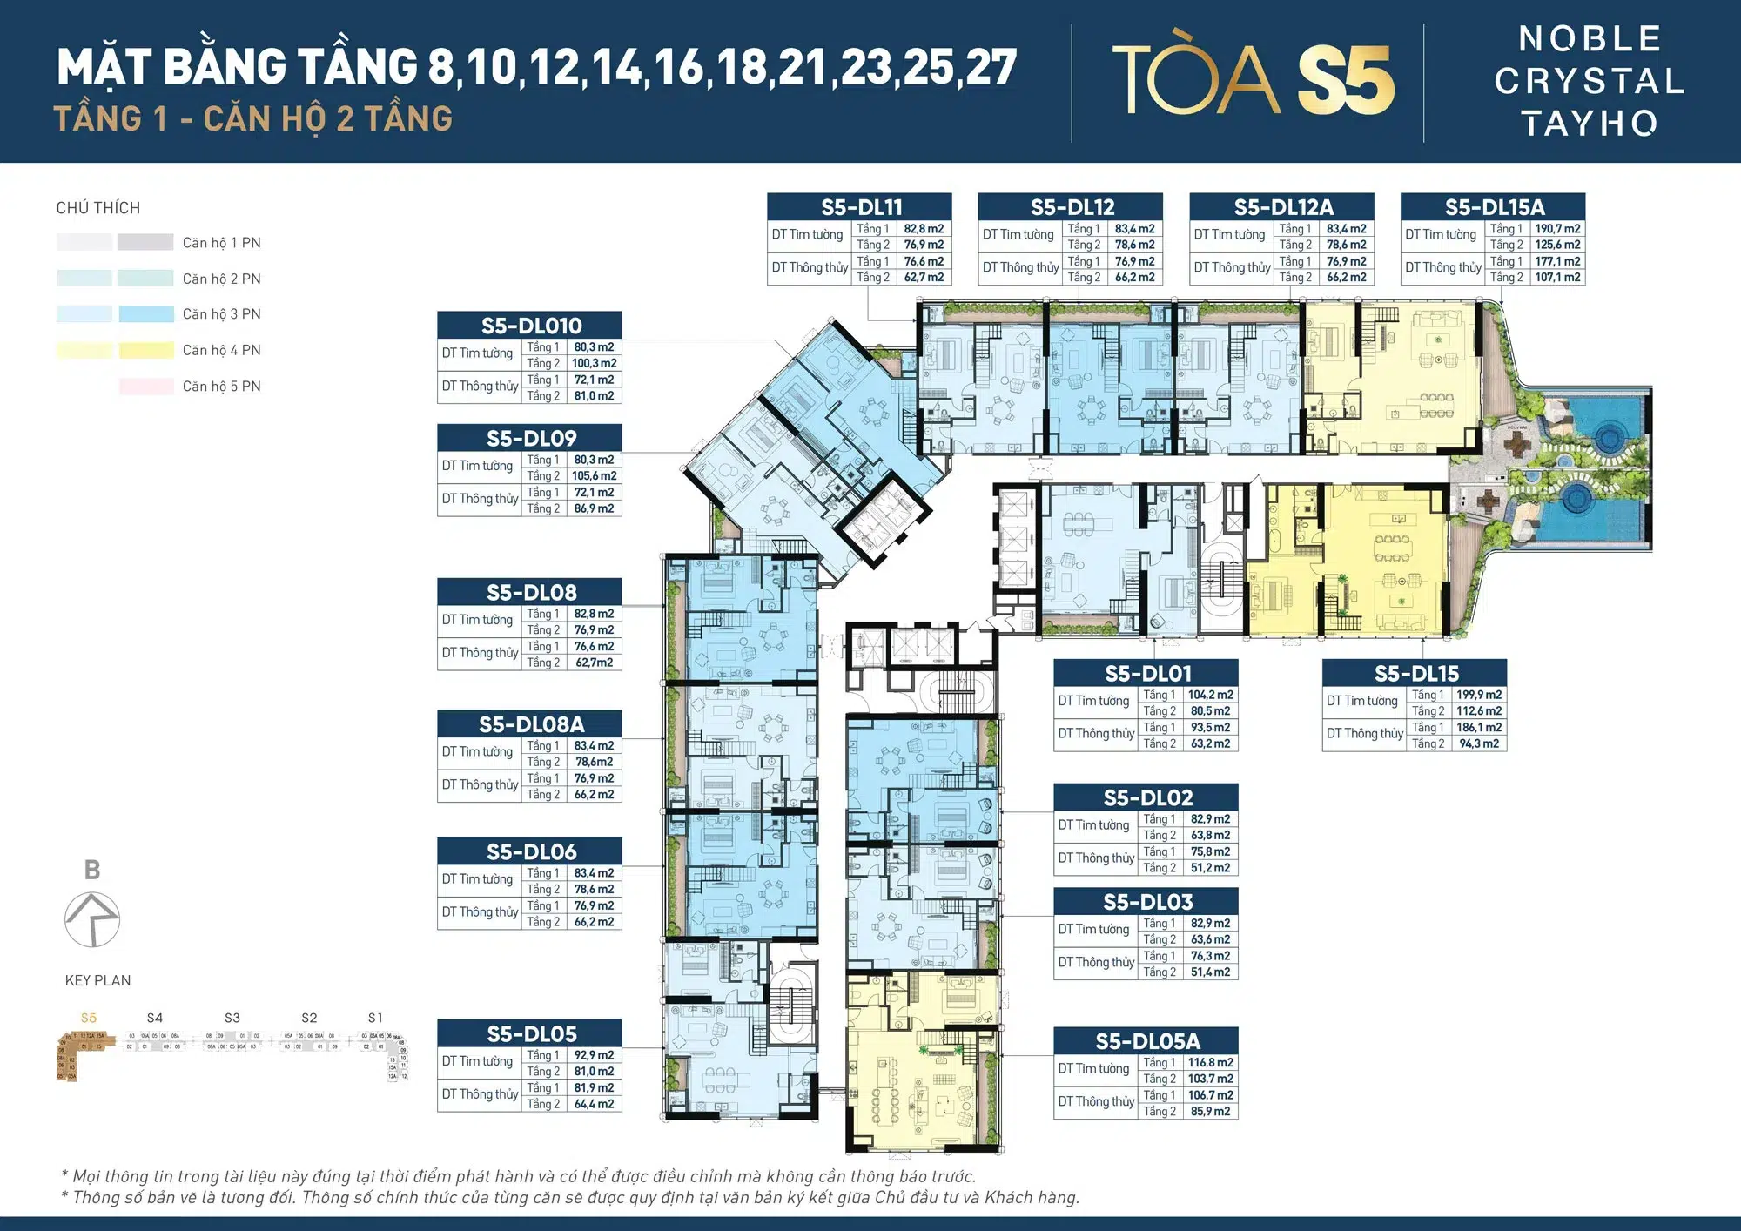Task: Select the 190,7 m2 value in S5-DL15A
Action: point(1557,229)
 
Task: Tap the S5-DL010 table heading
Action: point(530,326)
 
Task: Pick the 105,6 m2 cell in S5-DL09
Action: point(594,476)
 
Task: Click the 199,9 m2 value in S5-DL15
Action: point(1478,695)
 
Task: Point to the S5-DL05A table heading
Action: point(1146,1041)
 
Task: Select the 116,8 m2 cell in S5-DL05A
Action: point(1210,1063)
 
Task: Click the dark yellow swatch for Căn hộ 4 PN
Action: point(146,351)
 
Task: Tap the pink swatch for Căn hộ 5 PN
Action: point(146,387)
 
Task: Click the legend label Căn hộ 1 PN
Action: point(221,243)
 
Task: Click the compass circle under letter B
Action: point(92,919)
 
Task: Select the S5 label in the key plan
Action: point(89,1018)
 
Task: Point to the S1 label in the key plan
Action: point(375,1018)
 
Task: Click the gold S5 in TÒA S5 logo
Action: point(1346,80)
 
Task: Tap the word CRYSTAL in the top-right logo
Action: point(1590,81)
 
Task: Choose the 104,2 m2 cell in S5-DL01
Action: point(1210,695)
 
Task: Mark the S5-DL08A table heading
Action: point(530,724)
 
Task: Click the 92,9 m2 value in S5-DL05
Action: point(594,1055)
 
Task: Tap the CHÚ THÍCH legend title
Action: point(97,208)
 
